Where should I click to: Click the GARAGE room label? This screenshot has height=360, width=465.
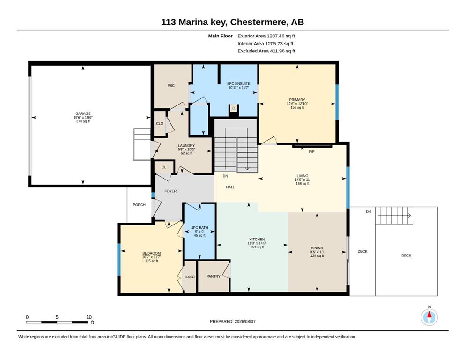pyautogui.click(x=83, y=113)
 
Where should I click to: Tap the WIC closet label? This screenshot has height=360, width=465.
pyautogui.click(x=171, y=85)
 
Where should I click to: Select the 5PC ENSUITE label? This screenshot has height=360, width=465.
pyautogui.click(x=239, y=84)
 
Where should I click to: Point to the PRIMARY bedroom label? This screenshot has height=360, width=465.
pyautogui.click(x=297, y=100)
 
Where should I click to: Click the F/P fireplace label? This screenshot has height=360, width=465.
pyautogui.click(x=312, y=152)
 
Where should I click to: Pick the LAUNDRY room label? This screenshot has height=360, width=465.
pyautogui.click(x=186, y=145)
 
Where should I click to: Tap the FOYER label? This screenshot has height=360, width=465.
pyautogui.click(x=170, y=191)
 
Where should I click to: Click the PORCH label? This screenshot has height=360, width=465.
pyautogui.click(x=139, y=205)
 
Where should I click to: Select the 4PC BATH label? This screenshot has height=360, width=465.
pyautogui.click(x=199, y=228)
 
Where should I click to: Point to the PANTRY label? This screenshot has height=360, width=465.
pyautogui.click(x=214, y=276)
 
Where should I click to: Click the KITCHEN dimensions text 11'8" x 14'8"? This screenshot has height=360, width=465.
pyautogui.click(x=257, y=243)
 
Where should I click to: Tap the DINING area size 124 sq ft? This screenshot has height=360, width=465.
pyautogui.click(x=317, y=256)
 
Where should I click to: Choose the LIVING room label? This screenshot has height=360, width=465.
pyautogui.click(x=303, y=176)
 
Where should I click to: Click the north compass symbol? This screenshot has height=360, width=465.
pyautogui.click(x=429, y=317)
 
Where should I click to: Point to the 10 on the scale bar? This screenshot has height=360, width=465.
pyautogui.click(x=89, y=317)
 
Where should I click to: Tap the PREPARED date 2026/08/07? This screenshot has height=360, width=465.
pyautogui.click(x=245, y=321)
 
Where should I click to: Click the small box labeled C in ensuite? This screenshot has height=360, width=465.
pyautogui.click(x=234, y=108)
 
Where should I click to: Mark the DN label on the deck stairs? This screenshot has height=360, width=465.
pyautogui.click(x=369, y=211)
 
